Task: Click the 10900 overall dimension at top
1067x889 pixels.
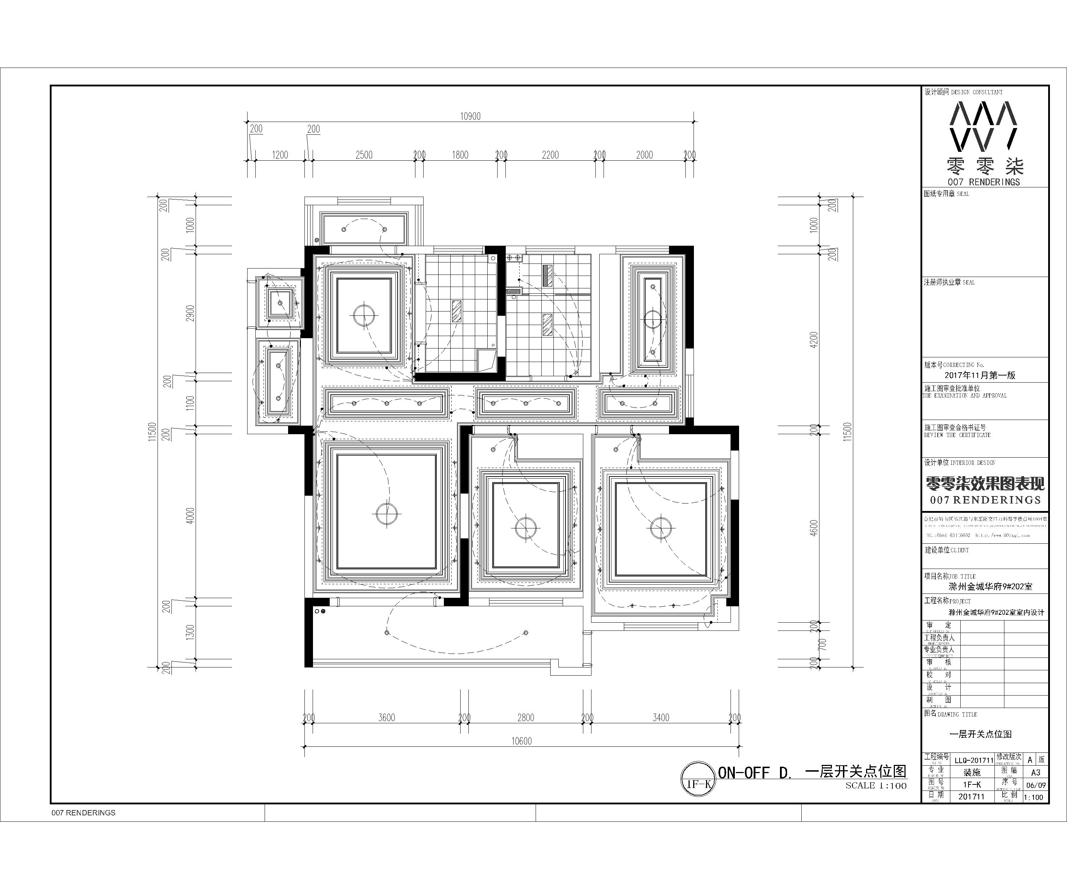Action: tap(470, 116)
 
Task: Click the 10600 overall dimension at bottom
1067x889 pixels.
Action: tap(521, 741)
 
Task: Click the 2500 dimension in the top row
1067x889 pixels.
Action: tap(364, 155)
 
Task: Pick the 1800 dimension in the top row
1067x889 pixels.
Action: tap(460, 155)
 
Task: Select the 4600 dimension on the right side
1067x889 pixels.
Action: tap(814, 528)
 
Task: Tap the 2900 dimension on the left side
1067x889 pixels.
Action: tap(190, 313)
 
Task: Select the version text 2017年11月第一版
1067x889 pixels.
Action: tap(980, 376)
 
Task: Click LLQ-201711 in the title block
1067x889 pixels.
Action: tap(973, 761)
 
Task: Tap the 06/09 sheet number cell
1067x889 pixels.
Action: tap(1035, 785)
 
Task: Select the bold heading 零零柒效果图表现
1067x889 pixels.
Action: tap(985, 483)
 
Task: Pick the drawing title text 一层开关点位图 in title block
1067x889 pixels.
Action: tap(981, 734)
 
